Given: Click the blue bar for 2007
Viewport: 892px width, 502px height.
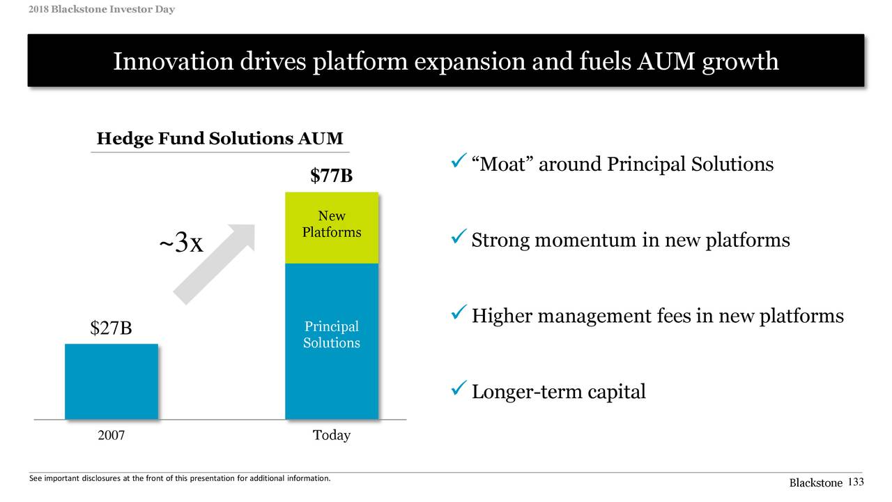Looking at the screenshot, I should point(111,381).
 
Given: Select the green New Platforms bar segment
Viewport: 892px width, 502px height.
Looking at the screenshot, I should point(332,227).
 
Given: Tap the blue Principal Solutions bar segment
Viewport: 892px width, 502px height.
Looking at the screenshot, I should point(332,341).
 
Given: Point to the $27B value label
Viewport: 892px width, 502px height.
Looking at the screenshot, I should point(111,328).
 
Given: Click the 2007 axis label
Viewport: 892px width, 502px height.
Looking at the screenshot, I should point(111,436).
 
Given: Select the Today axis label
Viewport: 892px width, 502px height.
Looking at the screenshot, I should point(332,436).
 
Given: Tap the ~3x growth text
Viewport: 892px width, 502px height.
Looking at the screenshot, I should point(181,243).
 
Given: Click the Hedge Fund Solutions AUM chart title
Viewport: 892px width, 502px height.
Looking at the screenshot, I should point(220,139).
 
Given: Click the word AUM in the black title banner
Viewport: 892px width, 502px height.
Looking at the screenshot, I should point(663,62).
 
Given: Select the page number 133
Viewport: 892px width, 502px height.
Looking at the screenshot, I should point(856,482).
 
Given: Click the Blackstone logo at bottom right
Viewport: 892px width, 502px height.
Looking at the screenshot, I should point(815,483).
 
